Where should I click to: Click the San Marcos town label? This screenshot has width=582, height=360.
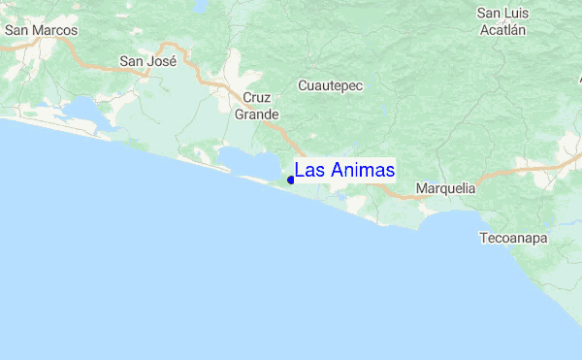coord(41,30)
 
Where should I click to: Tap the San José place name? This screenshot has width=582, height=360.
coord(147,61)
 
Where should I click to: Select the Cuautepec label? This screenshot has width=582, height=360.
coord(330,85)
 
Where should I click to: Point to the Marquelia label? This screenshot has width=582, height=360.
coord(444,188)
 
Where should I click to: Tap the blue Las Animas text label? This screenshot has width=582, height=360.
coord(344,170)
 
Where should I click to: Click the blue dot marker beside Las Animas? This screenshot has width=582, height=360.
coord(291,180)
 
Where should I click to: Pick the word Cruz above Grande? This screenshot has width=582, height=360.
coord(257,98)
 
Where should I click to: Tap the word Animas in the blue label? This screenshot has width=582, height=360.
coord(362,170)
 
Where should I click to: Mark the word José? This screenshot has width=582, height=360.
coord(161,61)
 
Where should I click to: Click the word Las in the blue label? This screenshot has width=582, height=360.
coord(309,170)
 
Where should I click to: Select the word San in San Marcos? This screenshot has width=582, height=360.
coord(16,30)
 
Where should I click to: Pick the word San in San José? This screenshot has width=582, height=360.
coord(131,61)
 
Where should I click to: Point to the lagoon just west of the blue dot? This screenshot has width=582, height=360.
coord(242,159)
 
